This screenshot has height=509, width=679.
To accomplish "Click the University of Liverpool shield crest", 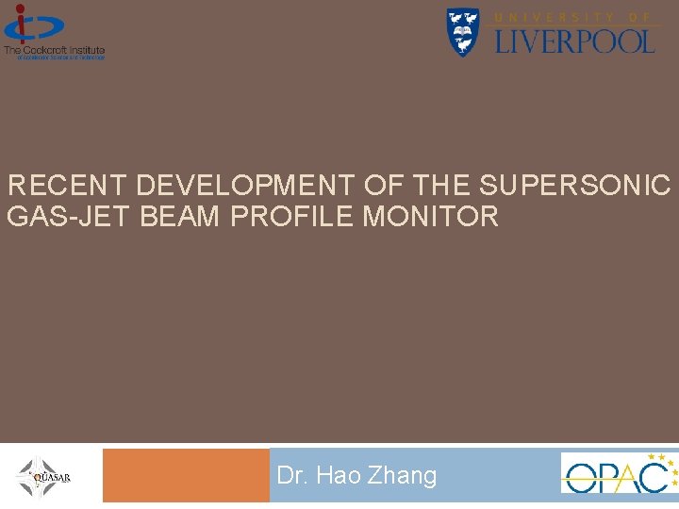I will coord(462,32).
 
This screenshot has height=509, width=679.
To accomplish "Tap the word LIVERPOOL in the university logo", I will coord(574,41).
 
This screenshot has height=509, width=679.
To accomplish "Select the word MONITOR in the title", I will coord(430,218).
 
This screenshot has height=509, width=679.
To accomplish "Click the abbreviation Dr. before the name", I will coord(293,476).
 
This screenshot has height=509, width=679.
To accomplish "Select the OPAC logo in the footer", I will coord(619,473).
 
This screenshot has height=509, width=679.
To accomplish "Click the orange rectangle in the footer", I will coord(186,475).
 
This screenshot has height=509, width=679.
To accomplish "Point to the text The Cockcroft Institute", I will coord(54,50).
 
